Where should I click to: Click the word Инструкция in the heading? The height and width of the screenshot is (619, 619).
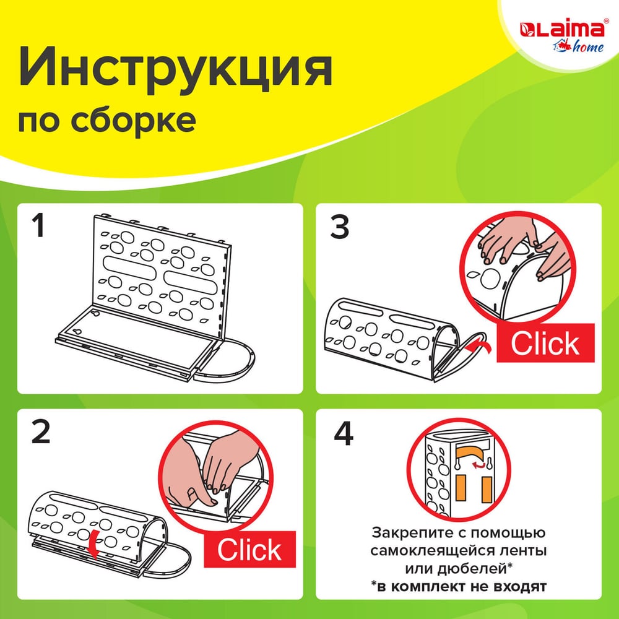pos(175,67)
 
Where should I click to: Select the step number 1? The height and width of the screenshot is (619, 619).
pos(38,225)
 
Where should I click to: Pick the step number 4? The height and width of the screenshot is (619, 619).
pos(344,433)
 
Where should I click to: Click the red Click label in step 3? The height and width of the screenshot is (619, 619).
pos(545,343)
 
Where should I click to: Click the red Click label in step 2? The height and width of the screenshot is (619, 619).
pos(249,550)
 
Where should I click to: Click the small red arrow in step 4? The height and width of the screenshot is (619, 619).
pos(479,466)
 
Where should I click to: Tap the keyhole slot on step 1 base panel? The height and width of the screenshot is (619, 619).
pos(77,331)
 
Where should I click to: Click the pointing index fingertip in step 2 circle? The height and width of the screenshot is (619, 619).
pos(214,502)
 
